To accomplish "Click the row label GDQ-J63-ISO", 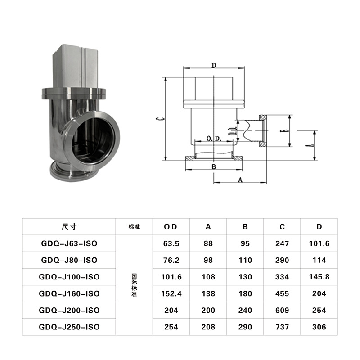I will pos(69,243).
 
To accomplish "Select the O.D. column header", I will pos(171,227).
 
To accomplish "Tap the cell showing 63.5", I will pos(171,243).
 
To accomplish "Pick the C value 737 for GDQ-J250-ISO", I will pos(282,327).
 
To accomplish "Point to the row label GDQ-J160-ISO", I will pos(69,293).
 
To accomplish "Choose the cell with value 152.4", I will pos(171,293).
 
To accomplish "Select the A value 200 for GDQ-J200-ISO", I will pos(208,310).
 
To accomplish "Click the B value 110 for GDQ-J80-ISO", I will pos(245,260).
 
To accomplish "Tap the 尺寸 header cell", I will pos(69,227).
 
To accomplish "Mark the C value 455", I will pos(282,293).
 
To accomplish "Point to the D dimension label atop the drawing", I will pos(214,66).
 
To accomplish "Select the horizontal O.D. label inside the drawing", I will pos(214,139).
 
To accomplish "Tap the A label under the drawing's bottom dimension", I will pos(240,179).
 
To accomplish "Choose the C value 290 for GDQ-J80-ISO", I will pos(282,260).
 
